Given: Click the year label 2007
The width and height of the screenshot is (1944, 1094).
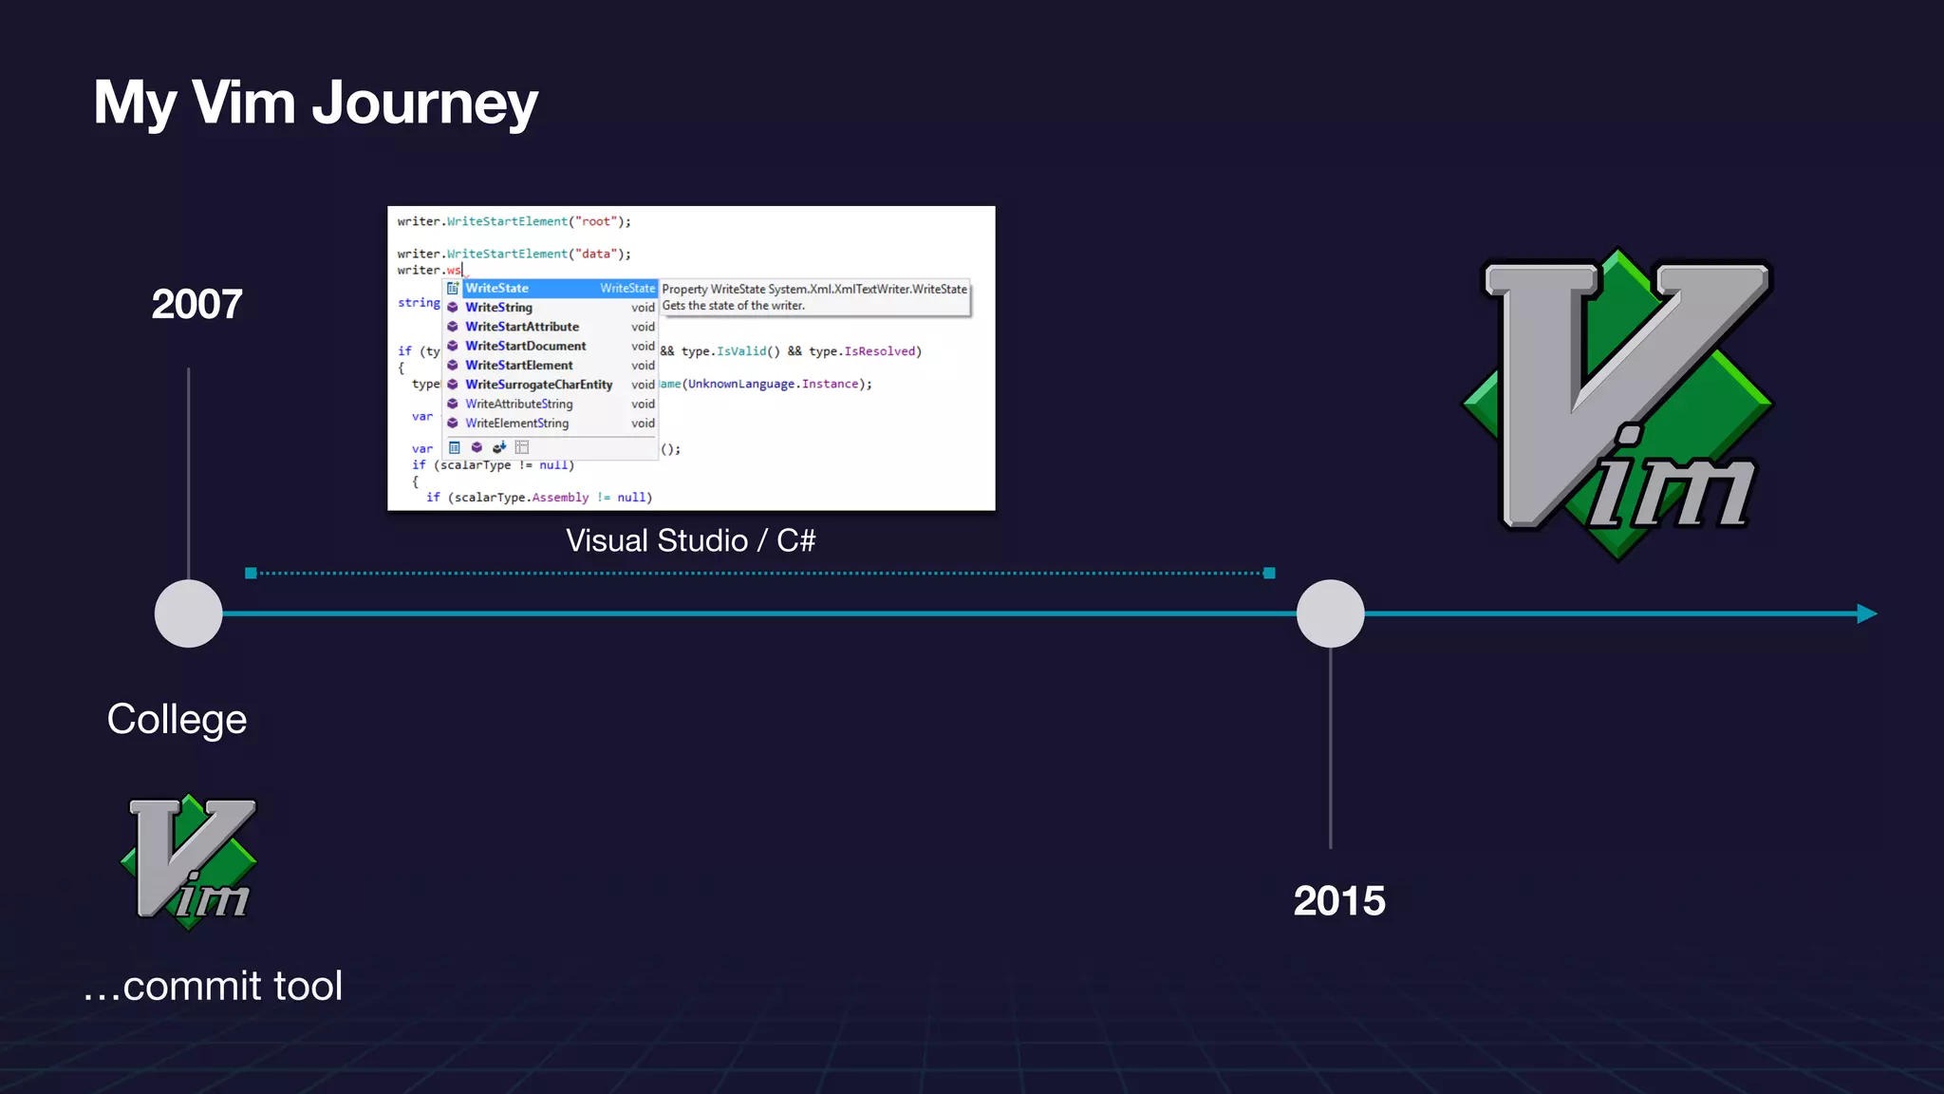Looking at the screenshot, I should pyautogui.click(x=196, y=305).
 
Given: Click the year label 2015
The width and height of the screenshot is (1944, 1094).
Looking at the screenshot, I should pyautogui.click(x=1338, y=900).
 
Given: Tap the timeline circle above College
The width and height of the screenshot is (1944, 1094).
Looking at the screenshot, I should pyautogui.click(x=188, y=613).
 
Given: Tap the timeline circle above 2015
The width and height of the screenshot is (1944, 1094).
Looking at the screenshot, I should pyautogui.click(x=1330, y=613).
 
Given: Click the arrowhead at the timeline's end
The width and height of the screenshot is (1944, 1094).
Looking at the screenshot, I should pyautogui.click(x=1866, y=613).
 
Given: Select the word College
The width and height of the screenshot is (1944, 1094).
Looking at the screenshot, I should pyautogui.click(x=177, y=719).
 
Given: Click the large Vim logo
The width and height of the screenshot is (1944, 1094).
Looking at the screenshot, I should pyautogui.click(x=1617, y=404).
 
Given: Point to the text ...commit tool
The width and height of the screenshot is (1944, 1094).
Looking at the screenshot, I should pyautogui.click(x=213, y=986).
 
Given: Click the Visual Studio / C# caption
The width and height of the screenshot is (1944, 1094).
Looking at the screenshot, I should pyautogui.click(x=690, y=540).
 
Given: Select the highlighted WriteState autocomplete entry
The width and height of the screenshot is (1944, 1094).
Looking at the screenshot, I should pyautogui.click(x=497, y=288).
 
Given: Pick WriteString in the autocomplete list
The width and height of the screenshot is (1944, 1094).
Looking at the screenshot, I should pyautogui.click(x=498, y=308).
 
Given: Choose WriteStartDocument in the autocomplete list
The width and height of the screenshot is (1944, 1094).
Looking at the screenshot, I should pyautogui.click(x=525, y=346).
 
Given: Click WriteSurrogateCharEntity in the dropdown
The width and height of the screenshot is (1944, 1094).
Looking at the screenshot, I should pyautogui.click(x=538, y=385).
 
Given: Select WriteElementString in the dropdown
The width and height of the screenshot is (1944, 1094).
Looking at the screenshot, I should pyautogui.click(x=516, y=424).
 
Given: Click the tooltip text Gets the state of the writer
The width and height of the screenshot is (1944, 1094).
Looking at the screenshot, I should pyautogui.click(x=733, y=306).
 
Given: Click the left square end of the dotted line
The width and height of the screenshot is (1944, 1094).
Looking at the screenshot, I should pyautogui.click(x=251, y=573).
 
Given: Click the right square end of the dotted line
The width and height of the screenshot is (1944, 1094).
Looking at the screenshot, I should pyautogui.click(x=1269, y=573).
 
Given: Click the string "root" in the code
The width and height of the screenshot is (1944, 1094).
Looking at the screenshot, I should pyautogui.click(x=595, y=221).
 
